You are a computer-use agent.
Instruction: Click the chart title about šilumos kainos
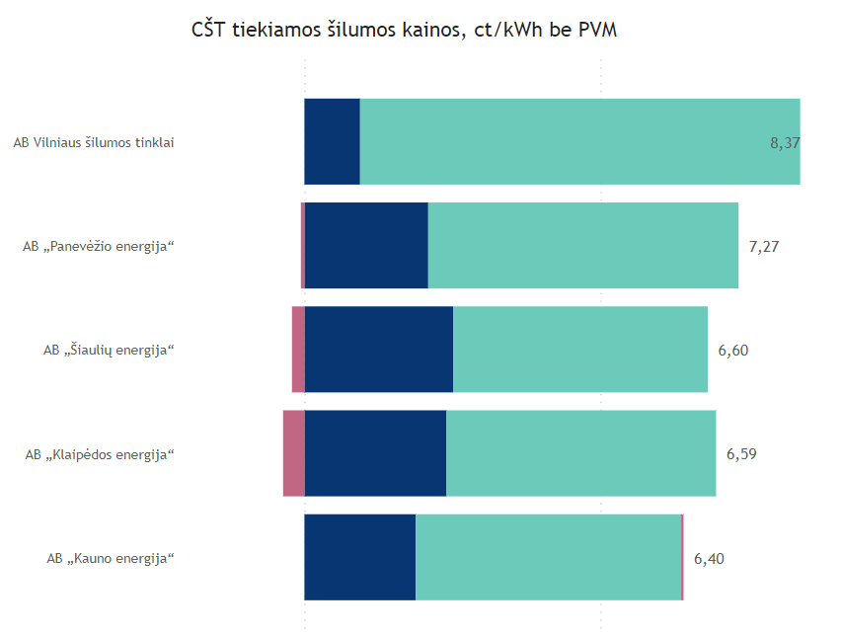point(404,31)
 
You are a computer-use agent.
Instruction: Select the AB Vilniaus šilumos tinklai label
point(94,142)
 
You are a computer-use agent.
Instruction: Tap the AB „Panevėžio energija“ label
point(99,246)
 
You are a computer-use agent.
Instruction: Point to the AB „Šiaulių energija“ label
point(109,350)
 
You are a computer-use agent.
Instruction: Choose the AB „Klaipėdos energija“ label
point(100,454)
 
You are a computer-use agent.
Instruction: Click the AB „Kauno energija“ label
point(111,558)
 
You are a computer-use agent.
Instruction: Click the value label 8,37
point(784,142)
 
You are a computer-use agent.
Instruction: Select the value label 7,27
point(764,246)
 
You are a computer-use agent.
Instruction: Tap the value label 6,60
point(733,350)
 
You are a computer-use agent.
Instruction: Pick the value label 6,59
point(741,454)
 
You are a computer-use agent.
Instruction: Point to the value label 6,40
point(709,558)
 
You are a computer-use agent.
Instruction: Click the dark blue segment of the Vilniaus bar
point(332,141)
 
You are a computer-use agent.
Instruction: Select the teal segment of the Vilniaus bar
point(563,141)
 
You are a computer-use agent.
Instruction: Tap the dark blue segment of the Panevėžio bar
point(366,245)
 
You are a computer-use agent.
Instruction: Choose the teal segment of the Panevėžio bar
point(582,245)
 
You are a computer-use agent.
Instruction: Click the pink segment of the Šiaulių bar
point(298,350)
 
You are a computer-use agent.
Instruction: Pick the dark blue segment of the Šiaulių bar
point(379,350)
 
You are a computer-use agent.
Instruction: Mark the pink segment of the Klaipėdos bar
point(293,453)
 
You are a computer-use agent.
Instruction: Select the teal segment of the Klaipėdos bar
point(580,453)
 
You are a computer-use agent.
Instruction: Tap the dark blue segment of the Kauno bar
point(359,557)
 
